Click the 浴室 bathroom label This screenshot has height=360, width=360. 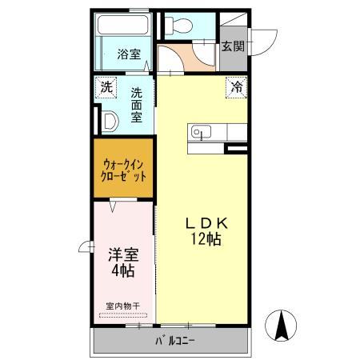(x=129, y=55)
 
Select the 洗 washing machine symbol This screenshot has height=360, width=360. (x=106, y=87)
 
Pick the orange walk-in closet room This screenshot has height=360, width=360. (x=123, y=170)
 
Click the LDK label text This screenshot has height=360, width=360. (x=207, y=223)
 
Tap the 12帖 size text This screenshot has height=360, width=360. (x=207, y=239)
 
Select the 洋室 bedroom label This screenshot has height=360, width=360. (x=123, y=256)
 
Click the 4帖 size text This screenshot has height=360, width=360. (x=123, y=272)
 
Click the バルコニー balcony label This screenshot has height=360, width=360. (x=175, y=342)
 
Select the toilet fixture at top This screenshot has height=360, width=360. (x=178, y=26)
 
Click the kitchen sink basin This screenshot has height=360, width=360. (x=199, y=132)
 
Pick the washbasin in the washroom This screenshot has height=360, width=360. (x=110, y=122)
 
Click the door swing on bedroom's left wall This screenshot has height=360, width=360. (x=84, y=247)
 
